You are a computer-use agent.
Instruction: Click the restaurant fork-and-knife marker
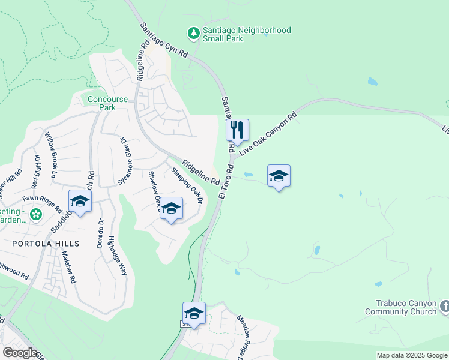coord(237,130)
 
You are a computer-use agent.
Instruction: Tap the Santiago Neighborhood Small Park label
coord(247,34)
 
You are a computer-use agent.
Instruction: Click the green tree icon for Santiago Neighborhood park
coord(193,32)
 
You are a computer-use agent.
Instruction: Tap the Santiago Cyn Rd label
coord(164,40)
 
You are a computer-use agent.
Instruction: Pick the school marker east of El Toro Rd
coord(279,176)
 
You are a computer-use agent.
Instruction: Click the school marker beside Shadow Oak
coord(172,208)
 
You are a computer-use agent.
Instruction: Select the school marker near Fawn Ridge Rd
coord(80,201)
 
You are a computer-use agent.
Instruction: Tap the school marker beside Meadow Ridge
coord(194,313)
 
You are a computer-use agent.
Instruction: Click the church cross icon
coord(444,307)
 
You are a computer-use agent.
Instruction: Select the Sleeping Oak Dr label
coord(187,183)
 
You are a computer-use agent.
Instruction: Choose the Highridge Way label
coord(118,256)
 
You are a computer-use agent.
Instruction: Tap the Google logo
coord(20,353)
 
